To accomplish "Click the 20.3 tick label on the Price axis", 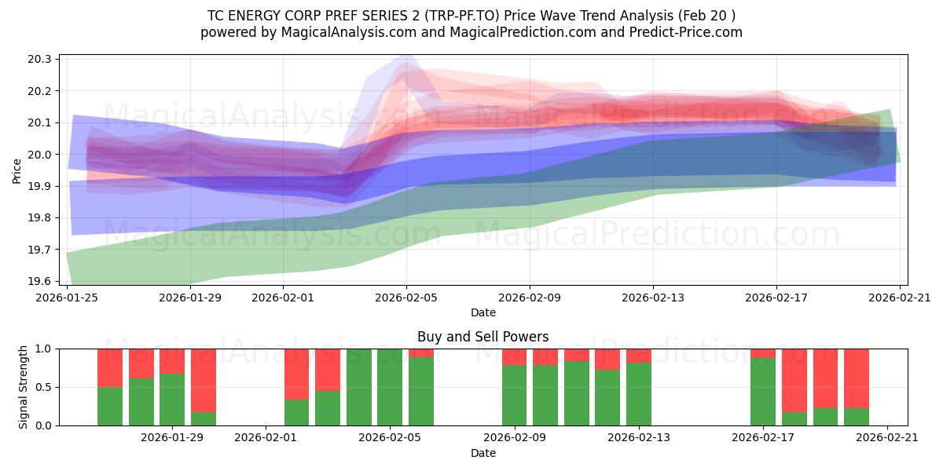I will point(41,60).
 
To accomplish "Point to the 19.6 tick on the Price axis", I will point(41,281).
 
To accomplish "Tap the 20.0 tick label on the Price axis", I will point(41,155).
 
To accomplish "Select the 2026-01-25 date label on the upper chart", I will point(67,298).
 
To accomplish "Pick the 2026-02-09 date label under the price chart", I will point(530,298).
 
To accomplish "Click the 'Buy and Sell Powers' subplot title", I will point(483,337).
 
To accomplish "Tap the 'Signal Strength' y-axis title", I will point(24,386).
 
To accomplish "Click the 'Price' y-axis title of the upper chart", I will point(17,170).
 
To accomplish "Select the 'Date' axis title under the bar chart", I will point(483,453).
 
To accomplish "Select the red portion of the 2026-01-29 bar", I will point(172,360).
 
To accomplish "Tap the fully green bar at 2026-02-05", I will point(390,387).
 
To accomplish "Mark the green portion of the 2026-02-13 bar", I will point(638,393).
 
